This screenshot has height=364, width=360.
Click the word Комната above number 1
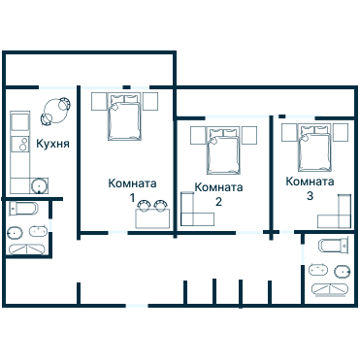click(132, 183)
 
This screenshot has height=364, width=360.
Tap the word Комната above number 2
click(218, 187)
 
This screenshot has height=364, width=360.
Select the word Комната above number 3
click(310, 182)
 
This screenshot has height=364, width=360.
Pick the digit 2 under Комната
click(218, 202)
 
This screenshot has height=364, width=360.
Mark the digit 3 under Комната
click(310, 196)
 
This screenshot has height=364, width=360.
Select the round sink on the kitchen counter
click(39, 184)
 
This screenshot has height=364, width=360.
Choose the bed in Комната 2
click(223, 149)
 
